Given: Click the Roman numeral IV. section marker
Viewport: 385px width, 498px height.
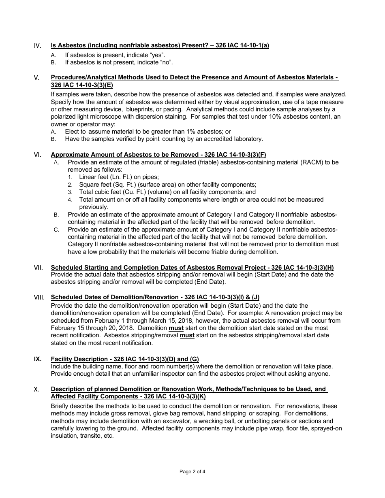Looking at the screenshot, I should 37,46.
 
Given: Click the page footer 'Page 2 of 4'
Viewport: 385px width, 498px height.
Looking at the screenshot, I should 192,471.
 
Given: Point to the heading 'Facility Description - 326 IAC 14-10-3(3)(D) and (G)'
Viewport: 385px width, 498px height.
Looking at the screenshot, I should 125,359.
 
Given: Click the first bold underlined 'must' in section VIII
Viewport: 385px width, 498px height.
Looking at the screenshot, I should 176,328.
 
